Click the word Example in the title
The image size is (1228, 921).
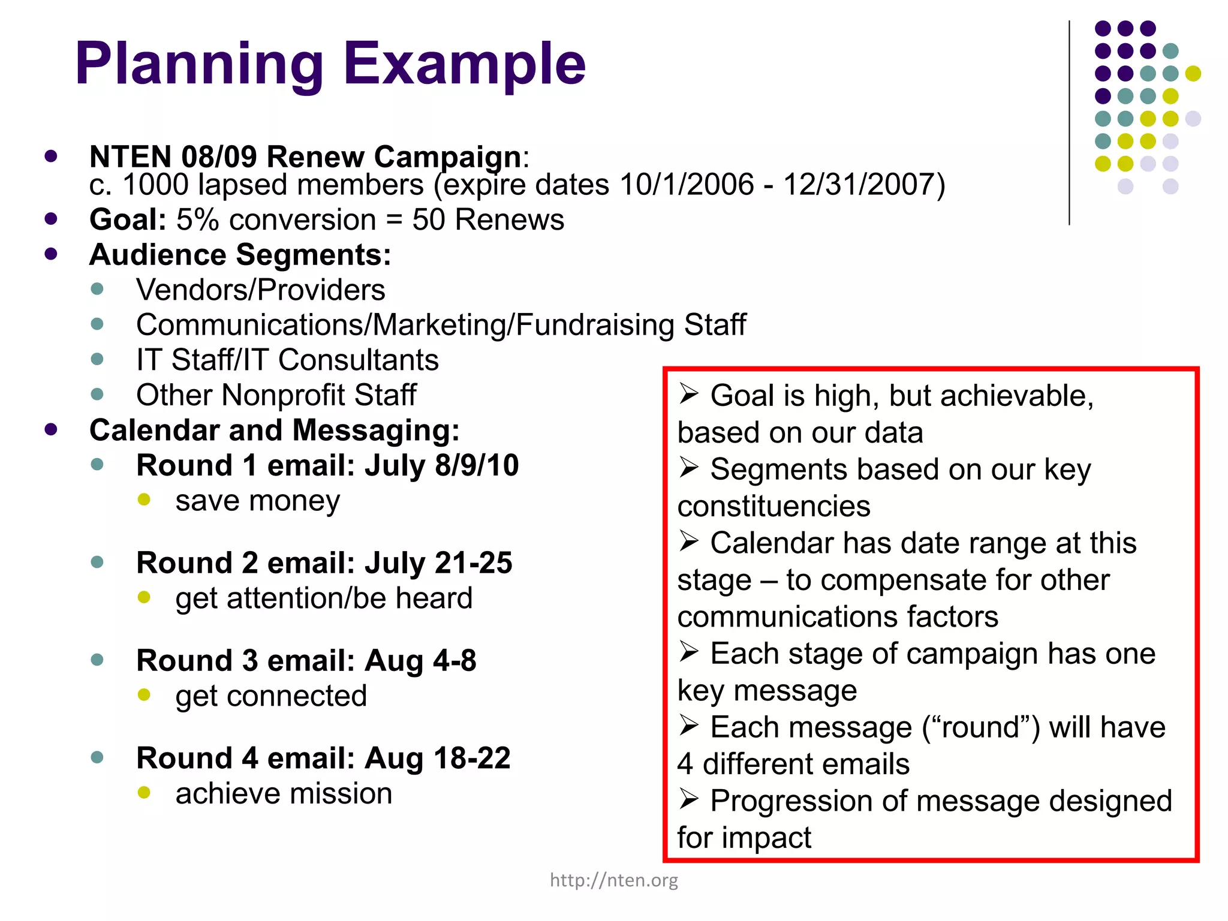pyautogui.click(x=464, y=65)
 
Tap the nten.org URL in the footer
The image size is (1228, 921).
pyautogui.click(x=614, y=880)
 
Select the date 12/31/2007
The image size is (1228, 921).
pyautogui.click(x=864, y=185)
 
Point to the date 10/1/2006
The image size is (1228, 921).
pyautogui.click(x=687, y=185)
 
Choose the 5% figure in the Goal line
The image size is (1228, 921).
pyautogui.click(x=197, y=219)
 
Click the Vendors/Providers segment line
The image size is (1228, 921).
pyautogui.click(x=260, y=290)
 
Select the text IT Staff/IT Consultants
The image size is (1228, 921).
pyautogui.click(x=287, y=360)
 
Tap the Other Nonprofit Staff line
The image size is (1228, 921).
pyautogui.click(x=276, y=395)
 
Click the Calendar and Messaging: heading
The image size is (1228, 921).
pyautogui.click(x=274, y=431)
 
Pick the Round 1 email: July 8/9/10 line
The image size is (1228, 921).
pyautogui.click(x=327, y=466)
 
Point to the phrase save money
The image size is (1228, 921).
pyautogui.click(x=257, y=501)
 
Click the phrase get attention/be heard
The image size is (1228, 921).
pyautogui.click(x=324, y=598)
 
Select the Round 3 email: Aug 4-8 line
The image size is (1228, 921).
pyautogui.click(x=306, y=661)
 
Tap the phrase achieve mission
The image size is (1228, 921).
pyautogui.click(x=284, y=794)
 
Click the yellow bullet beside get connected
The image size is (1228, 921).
pyautogui.click(x=144, y=695)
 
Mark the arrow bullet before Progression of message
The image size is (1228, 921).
pyautogui.click(x=689, y=799)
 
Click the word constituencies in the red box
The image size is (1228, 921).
pyautogui.click(x=773, y=507)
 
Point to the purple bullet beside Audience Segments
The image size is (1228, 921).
pyautogui.click(x=51, y=254)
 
